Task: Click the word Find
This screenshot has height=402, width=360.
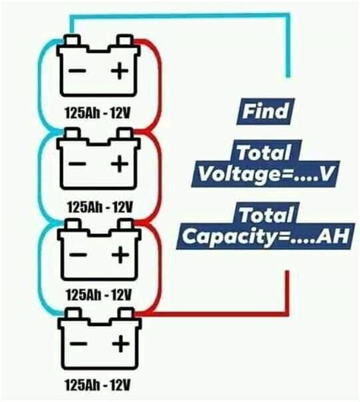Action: [x=264, y=112]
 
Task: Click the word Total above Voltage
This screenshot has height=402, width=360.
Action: [x=264, y=151]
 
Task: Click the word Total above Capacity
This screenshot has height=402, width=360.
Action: [x=264, y=214]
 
